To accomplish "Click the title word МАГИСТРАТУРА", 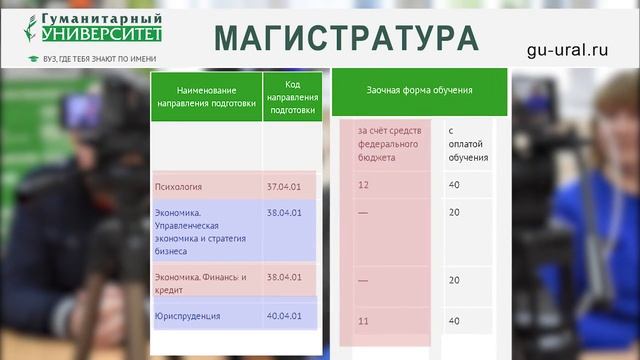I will (x=346, y=37).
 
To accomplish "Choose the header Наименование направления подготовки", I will (x=206, y=97).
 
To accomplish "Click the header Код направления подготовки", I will (x=292, y=97).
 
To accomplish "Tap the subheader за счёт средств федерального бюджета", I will (x=390, y=144).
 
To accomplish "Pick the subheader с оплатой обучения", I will (x=467, y=144).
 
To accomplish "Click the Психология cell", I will (x=179, y=186).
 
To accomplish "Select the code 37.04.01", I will (x=284, y=186).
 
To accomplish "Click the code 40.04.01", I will (x=284, y=316).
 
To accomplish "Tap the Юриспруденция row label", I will (x=188, y=316).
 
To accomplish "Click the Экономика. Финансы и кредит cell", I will (x=200, y=283).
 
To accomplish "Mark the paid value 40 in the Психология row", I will (x=454, y=185).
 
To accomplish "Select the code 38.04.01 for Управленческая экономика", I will (x=284, y=213).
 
